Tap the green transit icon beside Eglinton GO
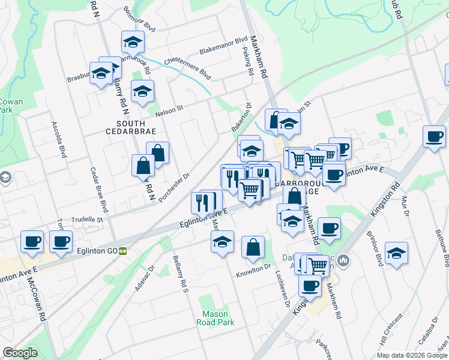[x=122, y=251]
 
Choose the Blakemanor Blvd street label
[x=223, y=44]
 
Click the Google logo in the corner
[x=20, y=353]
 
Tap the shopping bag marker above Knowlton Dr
[x=253, y=246]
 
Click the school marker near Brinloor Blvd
[x=396, y=252]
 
